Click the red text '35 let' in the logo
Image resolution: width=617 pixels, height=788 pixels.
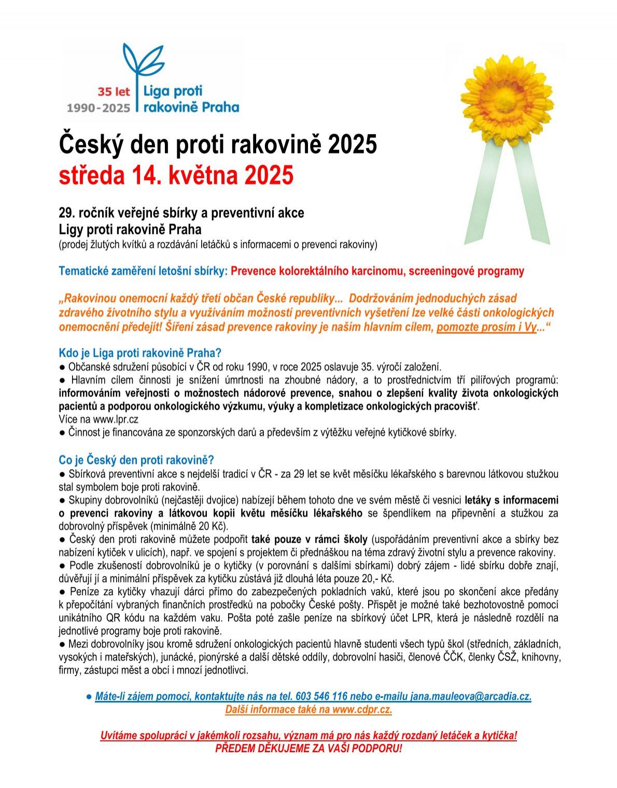pos(114,92)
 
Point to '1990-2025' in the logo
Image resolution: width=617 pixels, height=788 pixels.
pos(99,108)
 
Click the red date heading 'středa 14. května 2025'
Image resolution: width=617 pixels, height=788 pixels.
pos(176,175)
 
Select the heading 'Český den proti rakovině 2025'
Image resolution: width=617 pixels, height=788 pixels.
pos(217,144)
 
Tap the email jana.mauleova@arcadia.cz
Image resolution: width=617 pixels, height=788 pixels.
pos(471,696)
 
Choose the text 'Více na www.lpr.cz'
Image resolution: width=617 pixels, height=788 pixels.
pos(99,419)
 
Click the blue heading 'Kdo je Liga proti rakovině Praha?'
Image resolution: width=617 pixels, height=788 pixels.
pos(140,353)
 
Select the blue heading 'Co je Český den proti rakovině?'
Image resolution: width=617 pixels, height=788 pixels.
pos(136,460)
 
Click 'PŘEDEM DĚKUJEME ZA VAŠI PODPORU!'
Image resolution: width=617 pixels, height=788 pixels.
pos(308,749)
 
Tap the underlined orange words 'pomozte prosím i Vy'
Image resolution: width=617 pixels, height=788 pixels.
pos(486,327)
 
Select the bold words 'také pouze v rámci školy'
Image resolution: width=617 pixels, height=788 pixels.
pos(310,539)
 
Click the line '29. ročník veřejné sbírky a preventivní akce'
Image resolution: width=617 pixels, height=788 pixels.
pos(181,213)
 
